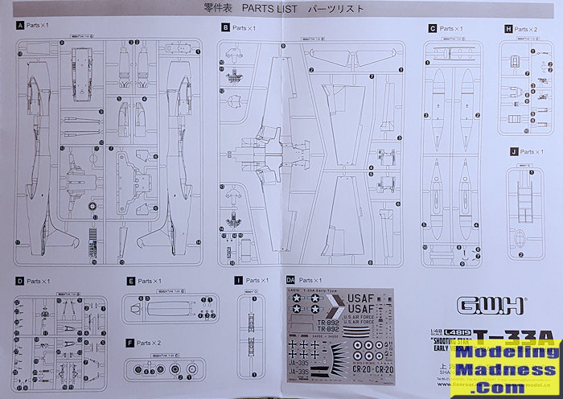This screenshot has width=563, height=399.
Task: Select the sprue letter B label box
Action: click(225, 28)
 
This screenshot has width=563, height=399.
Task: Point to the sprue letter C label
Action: click(433, 28)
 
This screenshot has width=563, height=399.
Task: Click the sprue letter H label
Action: click(508, 28)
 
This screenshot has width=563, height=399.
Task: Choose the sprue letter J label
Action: click(513, 151)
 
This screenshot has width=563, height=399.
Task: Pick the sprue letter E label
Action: click(130, 282)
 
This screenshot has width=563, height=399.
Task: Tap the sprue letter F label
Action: click(130, 343)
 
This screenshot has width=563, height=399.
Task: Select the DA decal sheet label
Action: click(290, 280)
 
